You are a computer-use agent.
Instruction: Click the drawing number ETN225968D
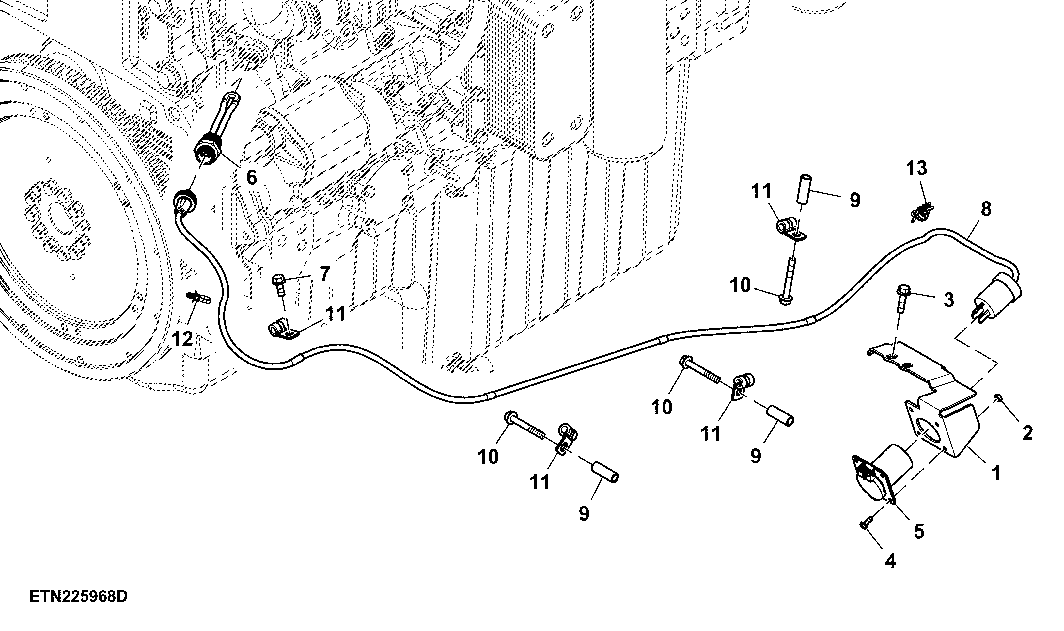click(79, 597)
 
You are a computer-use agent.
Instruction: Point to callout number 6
click(252, 177)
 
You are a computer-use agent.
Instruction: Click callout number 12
click(183, 339)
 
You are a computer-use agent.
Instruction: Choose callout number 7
click(325, 274)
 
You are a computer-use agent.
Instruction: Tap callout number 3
click(948, 300)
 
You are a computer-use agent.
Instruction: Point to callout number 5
click(919, 531)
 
